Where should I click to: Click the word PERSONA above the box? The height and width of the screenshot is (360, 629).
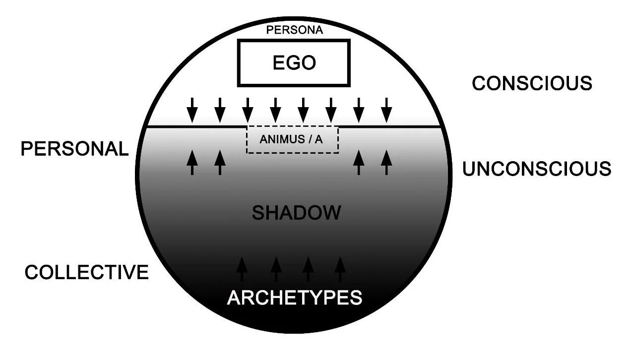click(295, 30)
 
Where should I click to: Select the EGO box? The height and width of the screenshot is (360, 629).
click(294, 63)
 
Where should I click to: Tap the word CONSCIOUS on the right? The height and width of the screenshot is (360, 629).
click(532, 83)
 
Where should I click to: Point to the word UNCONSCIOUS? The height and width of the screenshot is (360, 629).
click(537, 169)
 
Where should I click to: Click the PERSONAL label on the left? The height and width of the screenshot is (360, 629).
click(74, 149)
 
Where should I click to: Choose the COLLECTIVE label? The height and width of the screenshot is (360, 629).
click(87, 272)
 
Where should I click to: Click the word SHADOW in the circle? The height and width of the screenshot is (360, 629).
click(297, 213)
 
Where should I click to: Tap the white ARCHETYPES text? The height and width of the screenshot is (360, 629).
click(295, 298)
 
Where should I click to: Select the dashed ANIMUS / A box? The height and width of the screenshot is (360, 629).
click(292, 139)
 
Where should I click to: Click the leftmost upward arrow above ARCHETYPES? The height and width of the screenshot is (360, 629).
click(242, 269)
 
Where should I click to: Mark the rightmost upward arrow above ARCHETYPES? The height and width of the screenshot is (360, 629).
click(340, 269)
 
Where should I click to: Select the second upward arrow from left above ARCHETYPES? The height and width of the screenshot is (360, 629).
click(276, 269)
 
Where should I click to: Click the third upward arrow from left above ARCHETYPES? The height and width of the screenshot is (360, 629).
click(308, 269)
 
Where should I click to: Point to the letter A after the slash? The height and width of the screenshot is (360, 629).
click(318, 139)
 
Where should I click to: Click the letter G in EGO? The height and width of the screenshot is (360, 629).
click(294, 63)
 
